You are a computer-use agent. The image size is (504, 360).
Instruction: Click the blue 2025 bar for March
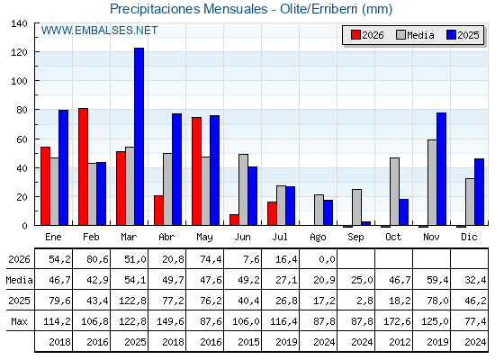(139, 137)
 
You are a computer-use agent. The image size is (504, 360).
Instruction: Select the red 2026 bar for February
(83, 166)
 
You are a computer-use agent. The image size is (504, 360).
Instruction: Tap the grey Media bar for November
(432, 183)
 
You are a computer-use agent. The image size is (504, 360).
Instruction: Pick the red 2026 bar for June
(234, 220)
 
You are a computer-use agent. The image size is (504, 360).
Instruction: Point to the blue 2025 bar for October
(404, 212)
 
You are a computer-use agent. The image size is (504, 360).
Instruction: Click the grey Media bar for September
(356, 207)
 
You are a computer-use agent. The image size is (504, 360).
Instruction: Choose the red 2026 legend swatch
(355, 35)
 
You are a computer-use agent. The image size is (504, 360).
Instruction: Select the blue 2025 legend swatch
(451, 35)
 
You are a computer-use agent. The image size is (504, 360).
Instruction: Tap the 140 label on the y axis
(19, 23)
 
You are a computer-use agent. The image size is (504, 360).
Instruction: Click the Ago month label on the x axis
(319, 238)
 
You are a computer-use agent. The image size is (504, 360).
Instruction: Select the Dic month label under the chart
(469, 237)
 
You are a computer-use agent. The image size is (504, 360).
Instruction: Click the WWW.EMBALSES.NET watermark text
(99, 31)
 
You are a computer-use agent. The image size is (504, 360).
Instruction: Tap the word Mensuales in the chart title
(235, 9)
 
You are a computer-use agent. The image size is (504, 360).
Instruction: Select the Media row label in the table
(19, 280)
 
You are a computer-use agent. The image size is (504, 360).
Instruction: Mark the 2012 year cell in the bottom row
(400, 342)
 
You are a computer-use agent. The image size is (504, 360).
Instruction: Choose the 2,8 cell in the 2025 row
(364, 301)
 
